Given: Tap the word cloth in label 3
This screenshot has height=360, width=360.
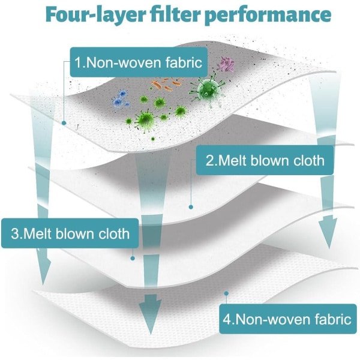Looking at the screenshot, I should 115,233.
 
